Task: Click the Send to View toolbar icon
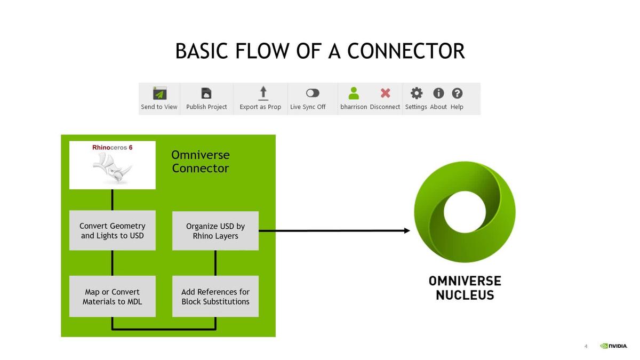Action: click(x=159, y=93)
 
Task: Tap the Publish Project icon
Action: click(x=206, y=93)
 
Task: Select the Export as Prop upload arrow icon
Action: click(x=263, y=93)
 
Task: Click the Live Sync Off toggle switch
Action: click(x=313, y=93)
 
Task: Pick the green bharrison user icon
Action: click(x=354, y=93)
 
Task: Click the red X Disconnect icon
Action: click(x=385, y=93)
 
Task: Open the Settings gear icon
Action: click(x=417, y=93)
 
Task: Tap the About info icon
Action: click(x=438, y=93)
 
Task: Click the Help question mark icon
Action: click(x=457, y=93)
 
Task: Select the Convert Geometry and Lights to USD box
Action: click(x=112, y=230)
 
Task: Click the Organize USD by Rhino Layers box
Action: click(x=215, y=230)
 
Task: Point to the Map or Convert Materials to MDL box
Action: click(x=112, y=297)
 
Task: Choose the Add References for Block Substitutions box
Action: click(x=215, y=297)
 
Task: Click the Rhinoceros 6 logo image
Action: click(x=113, y=165)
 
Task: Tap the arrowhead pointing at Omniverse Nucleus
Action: click(x=407, y=230)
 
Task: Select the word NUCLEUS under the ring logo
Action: click(x=465, y=295)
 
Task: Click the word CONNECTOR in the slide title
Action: click(x=406, y=51)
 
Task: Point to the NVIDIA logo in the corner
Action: click(x=614, y=346)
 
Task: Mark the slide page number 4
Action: click(x=586, y=346)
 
